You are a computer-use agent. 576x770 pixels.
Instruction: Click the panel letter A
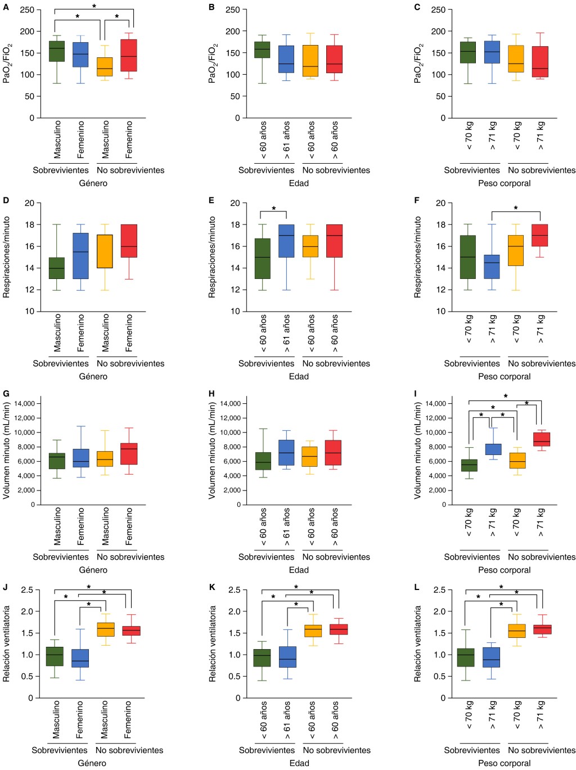[6, 7]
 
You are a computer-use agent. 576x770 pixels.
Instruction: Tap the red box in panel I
[541, 439]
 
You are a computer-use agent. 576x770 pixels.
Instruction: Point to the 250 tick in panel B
[233, 10]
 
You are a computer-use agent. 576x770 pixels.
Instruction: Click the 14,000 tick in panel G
[25, 403]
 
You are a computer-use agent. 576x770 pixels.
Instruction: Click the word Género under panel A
[93, 183]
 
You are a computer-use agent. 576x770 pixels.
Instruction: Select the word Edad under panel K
[299, 763]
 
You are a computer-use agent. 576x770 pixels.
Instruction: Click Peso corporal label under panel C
[504, 183]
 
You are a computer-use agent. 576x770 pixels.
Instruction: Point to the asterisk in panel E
[274, 209]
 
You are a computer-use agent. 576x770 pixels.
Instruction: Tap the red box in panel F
[541, 236]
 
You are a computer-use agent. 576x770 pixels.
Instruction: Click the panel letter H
[212, 394]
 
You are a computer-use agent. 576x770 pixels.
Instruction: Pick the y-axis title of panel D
[7, 257]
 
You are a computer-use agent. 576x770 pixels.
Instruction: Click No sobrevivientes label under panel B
[336, 170]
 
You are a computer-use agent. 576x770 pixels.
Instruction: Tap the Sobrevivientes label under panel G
[61, 557]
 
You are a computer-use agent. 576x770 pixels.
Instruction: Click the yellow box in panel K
[312, 631]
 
